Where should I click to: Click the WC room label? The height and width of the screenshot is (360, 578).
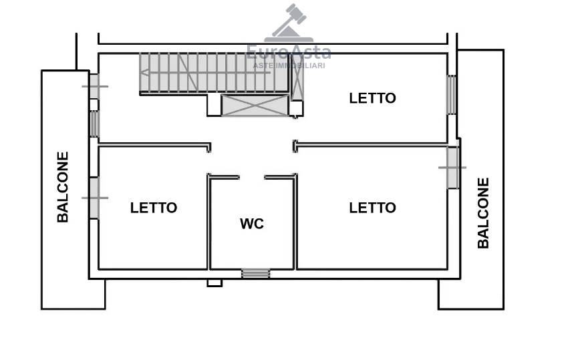tap(252, 224)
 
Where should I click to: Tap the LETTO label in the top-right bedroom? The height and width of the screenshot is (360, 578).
tap(372, 98)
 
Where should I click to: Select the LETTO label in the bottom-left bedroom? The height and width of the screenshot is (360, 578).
tap(153, 208)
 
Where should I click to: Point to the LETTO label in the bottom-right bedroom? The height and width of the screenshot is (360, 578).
tap(372, 208)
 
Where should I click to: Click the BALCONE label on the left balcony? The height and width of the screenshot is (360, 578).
tap(63, 187)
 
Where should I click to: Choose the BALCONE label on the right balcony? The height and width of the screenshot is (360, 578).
tap(483, 213)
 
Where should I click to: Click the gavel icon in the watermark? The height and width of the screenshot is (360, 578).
tap(289, 23)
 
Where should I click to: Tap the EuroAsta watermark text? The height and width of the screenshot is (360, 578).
tap(289, 52)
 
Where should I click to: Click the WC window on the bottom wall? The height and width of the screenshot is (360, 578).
tap(255, 273)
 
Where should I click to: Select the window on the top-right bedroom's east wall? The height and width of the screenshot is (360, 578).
tap(452, 95)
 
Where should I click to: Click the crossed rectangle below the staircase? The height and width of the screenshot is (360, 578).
tap(255, 106)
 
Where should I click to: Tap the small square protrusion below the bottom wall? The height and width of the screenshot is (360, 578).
tap(214, 283)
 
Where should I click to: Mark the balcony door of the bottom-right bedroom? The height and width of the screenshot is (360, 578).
tap(452, 168)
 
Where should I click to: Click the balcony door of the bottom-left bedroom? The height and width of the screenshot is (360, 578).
tap(94, 198)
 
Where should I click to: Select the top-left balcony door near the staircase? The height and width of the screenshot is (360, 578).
tap(94, 87)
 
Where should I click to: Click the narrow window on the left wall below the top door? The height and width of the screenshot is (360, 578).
tap(94, 124)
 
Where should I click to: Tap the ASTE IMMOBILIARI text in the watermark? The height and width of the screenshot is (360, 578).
tap(289, 65)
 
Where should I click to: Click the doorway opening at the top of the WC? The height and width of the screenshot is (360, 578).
tap(252, 177)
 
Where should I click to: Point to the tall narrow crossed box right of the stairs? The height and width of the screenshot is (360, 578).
tap(297, 77)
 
